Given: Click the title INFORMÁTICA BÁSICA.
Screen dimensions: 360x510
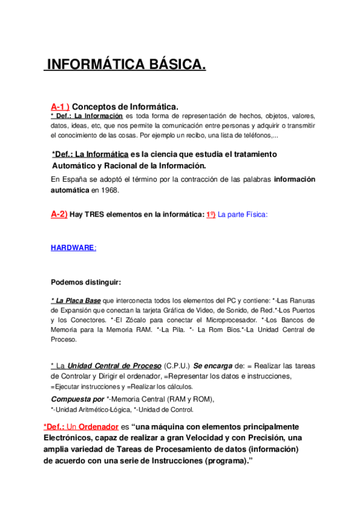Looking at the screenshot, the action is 126,64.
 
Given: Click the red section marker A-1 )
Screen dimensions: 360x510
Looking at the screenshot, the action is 60,106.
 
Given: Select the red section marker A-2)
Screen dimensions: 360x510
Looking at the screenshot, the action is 59,215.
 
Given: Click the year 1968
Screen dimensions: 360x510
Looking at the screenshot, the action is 109,190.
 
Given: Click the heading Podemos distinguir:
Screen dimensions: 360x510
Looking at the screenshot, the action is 86,282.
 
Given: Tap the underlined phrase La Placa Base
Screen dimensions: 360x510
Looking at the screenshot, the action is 76,300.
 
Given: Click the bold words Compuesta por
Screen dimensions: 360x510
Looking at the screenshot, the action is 77,399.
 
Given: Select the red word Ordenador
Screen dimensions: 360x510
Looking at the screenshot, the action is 93,426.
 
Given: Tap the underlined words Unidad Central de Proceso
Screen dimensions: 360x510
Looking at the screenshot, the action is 114,366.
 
